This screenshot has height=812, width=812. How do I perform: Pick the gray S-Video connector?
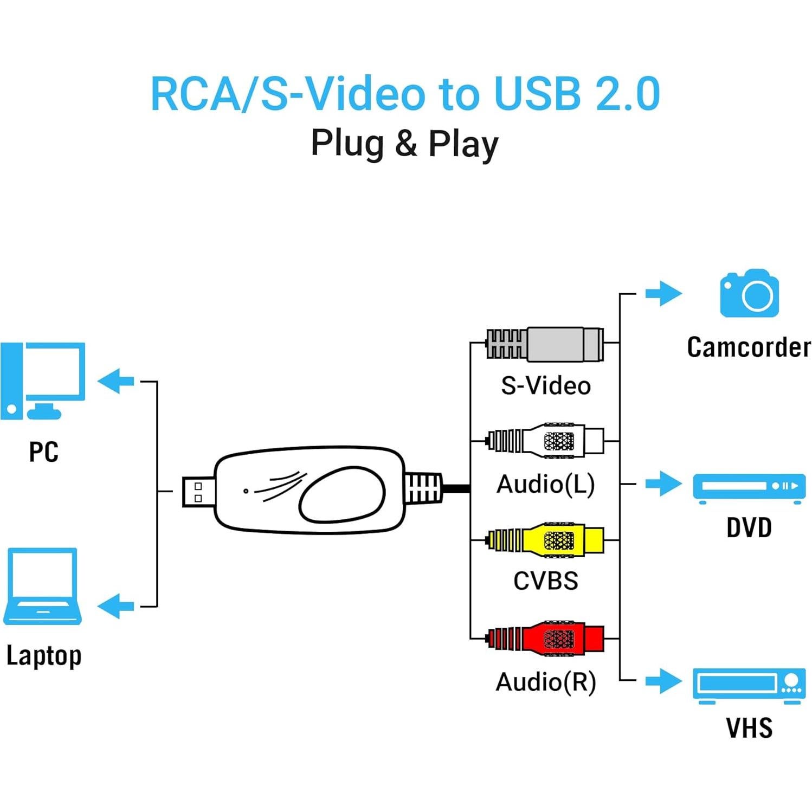point(547,344)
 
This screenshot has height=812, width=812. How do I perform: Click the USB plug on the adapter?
point(198,492)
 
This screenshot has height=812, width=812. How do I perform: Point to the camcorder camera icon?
point(749,293)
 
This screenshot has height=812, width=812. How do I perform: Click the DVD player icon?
point(749,487)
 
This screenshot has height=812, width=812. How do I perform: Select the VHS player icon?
point(749,685)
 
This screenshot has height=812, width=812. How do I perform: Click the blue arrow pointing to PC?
point(117,381)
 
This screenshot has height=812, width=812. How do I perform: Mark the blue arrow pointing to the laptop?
point(117,606)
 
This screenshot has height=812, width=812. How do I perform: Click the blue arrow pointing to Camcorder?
point(663,294)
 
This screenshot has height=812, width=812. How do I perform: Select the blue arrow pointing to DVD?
point(663,483)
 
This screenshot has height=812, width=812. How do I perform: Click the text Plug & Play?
point(404,144)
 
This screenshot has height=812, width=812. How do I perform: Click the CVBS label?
point(545,581)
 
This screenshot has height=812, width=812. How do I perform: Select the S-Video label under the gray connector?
point(545,386)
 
